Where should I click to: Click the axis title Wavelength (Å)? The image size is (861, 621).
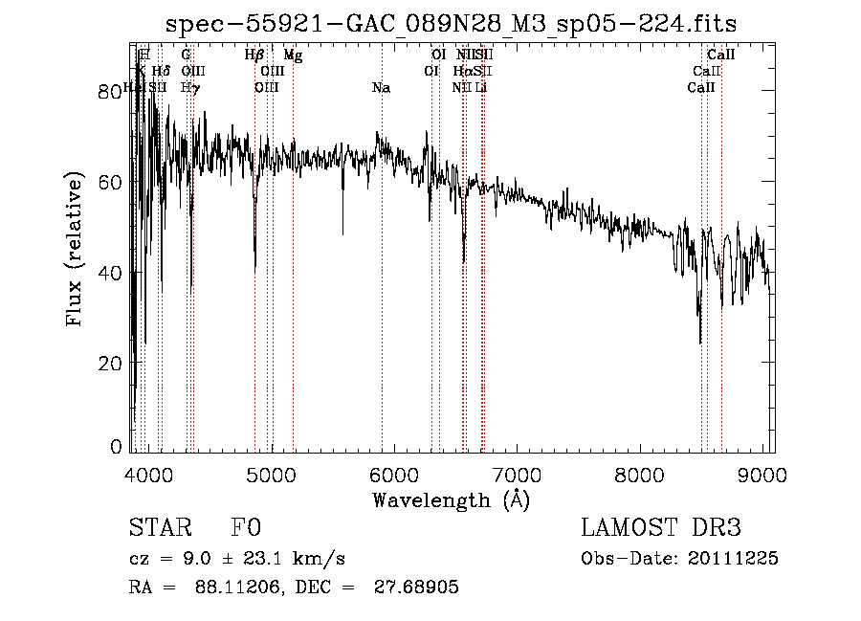click(x=450, y=499)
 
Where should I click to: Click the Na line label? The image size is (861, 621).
click(x=381, y=88)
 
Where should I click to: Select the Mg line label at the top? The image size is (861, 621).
click(x=293, y=56)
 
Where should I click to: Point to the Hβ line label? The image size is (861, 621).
click(x=254, y=56)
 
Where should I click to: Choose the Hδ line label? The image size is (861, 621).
click(x=161, y=72)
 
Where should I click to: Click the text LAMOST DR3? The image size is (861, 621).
click(x=661, y=528)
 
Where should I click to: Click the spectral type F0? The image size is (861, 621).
click(x=245, y=528)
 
